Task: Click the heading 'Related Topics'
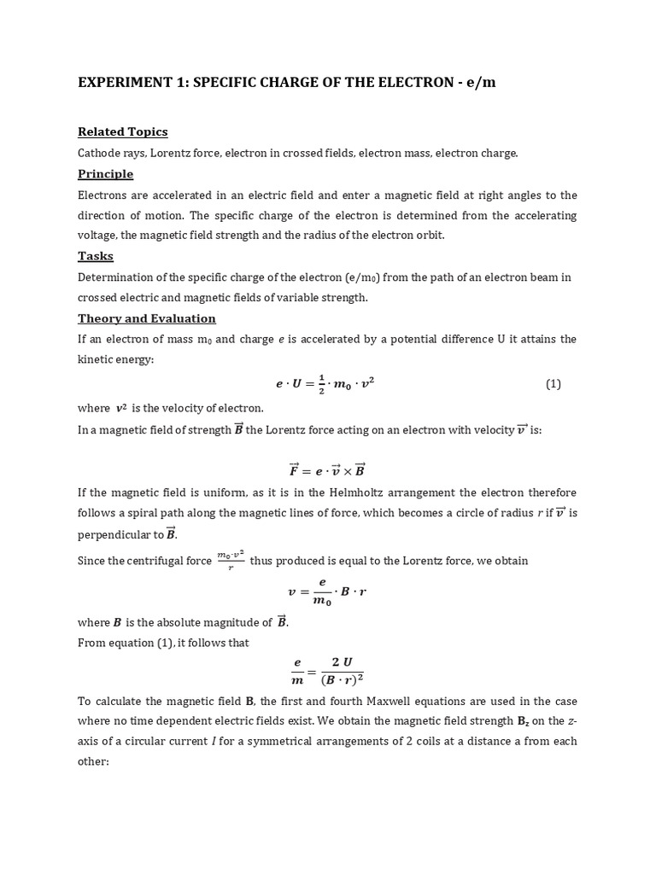point(122,131)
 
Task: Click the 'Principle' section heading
point(105,174)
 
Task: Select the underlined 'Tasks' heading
point(96,256)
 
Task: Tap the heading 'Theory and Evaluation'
point(146,318)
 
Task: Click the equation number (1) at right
point(553,384)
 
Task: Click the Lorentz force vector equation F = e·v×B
point(327,469)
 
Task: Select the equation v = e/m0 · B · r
point(327,591)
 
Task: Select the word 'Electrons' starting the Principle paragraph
point(103,195)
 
